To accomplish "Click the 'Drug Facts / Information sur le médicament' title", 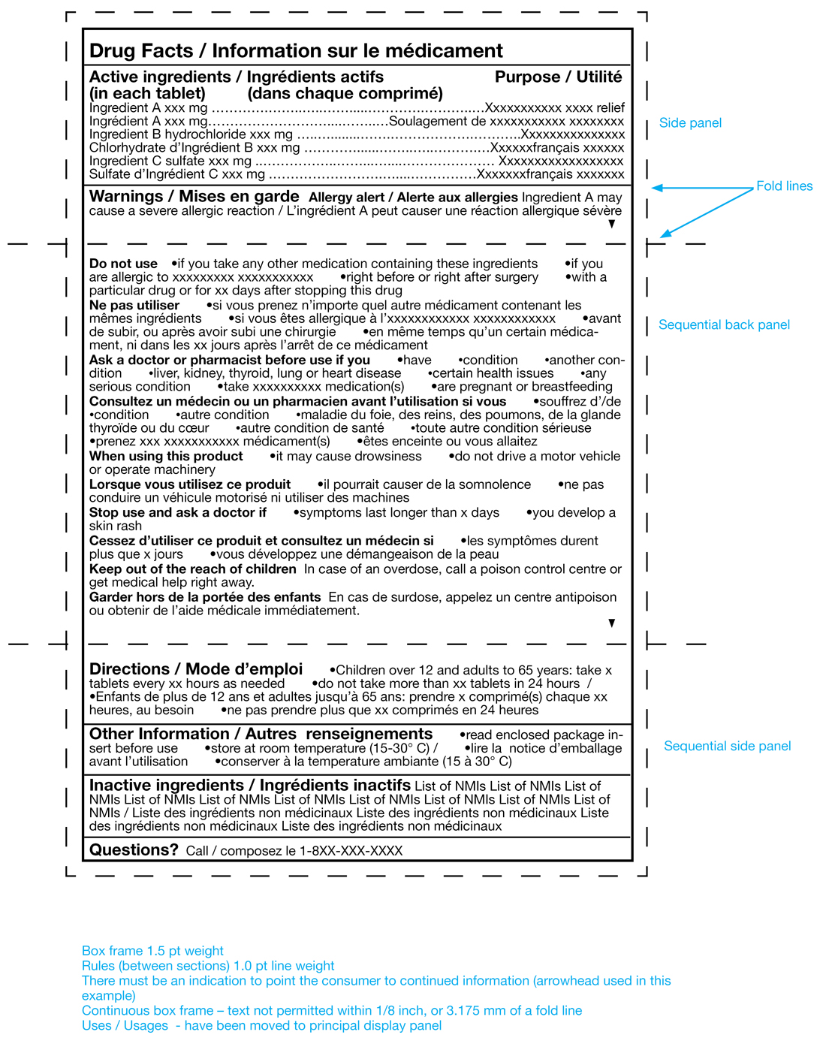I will point(296,51).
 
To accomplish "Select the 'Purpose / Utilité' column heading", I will point(558,77).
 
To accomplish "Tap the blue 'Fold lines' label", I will point(784,186).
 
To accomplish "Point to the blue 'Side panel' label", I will point(690,123).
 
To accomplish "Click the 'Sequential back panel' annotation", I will point(724,325).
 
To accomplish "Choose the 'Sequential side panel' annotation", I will point(727,747).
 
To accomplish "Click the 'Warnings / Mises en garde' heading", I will point(194,197).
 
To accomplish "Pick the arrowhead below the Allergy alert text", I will point(612,224).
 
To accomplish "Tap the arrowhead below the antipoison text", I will point(612,623).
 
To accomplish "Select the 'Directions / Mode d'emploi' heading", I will point(196,669).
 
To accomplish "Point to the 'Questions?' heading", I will point(134,850).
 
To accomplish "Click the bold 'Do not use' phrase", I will point(123,264).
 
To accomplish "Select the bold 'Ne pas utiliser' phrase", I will point(134,306).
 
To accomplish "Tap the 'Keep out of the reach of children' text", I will point(192,569).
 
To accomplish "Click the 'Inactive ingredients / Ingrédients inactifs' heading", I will point(249,786).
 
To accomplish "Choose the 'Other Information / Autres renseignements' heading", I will point(261,735).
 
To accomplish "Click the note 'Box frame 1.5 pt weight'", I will point(152,951).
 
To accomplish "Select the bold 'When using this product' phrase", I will point(166,457).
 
